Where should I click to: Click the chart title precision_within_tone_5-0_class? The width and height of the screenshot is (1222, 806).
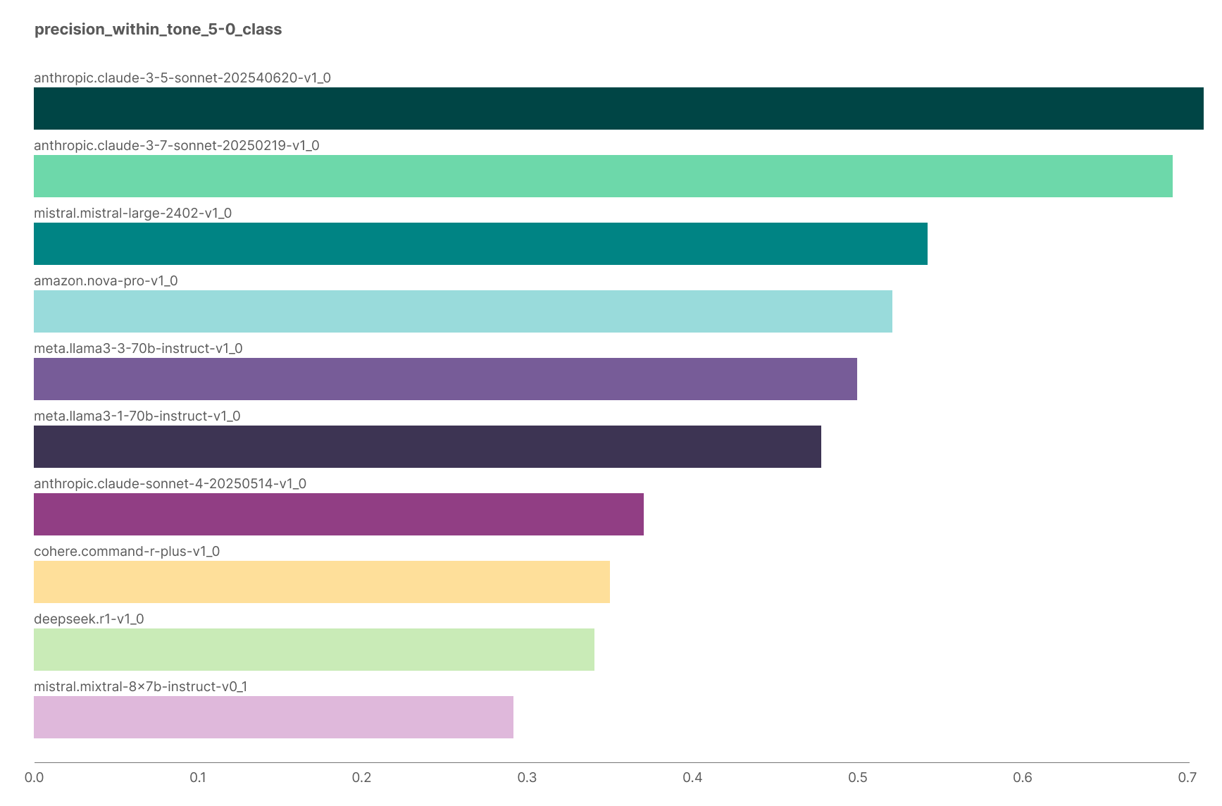point(158,29)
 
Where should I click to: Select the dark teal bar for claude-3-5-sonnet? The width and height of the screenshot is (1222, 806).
point(618,108)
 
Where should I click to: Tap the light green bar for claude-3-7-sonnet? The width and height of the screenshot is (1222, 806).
point(603,176)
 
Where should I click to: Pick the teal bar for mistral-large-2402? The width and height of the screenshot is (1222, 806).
point(480,244)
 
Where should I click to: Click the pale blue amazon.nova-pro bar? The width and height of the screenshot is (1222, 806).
point(463,311)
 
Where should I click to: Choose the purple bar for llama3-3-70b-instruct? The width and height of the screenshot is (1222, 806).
point(445,379)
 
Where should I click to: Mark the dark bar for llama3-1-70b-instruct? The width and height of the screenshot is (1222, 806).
point(428,447)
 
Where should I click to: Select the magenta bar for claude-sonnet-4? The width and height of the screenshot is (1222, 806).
point(339,514)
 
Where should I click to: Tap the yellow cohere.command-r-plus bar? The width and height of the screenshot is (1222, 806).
point(322,582)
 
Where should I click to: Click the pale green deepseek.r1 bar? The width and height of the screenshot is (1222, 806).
point(314,650)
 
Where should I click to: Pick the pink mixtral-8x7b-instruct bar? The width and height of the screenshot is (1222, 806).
point(273,717)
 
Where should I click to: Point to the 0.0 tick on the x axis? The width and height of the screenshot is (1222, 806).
point(34,777)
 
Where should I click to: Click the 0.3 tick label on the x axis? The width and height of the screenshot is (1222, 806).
point(527,777)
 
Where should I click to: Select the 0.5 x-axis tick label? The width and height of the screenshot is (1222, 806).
point(857,777)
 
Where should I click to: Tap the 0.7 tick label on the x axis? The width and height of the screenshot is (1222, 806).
point(1187,777)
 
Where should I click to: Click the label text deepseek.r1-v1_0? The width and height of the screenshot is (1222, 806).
point(89,619)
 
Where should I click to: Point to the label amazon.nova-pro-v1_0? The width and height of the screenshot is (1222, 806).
point(106,280)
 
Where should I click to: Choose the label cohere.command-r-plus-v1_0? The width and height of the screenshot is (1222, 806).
point(127,551)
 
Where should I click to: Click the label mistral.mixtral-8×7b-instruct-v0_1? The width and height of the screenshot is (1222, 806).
point(140,686)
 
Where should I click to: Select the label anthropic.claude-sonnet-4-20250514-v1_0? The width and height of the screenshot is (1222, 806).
point(170,483)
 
